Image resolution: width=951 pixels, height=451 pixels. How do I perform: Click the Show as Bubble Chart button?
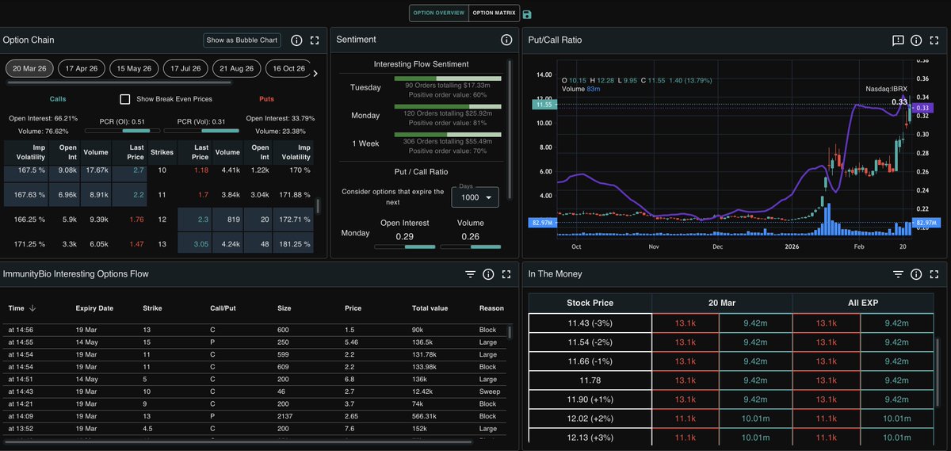242,40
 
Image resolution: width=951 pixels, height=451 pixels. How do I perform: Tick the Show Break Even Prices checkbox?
125,99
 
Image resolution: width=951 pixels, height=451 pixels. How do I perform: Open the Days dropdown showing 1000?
475,197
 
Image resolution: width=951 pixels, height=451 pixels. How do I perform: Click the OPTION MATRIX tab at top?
494,13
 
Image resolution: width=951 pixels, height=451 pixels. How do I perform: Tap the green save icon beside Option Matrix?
528,14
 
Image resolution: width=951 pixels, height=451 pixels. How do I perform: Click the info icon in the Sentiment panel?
506,40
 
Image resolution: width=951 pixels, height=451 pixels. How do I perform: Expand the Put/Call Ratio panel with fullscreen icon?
934,40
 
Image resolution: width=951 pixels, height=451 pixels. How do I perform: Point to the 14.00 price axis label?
544,75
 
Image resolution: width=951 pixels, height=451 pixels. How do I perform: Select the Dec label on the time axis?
716,247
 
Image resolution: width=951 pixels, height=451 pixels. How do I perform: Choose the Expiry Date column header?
94,308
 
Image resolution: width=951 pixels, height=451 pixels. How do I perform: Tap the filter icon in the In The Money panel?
897,274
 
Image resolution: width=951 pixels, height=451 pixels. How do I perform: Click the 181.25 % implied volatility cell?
293,244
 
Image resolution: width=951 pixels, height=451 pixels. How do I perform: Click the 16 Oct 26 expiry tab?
289,69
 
